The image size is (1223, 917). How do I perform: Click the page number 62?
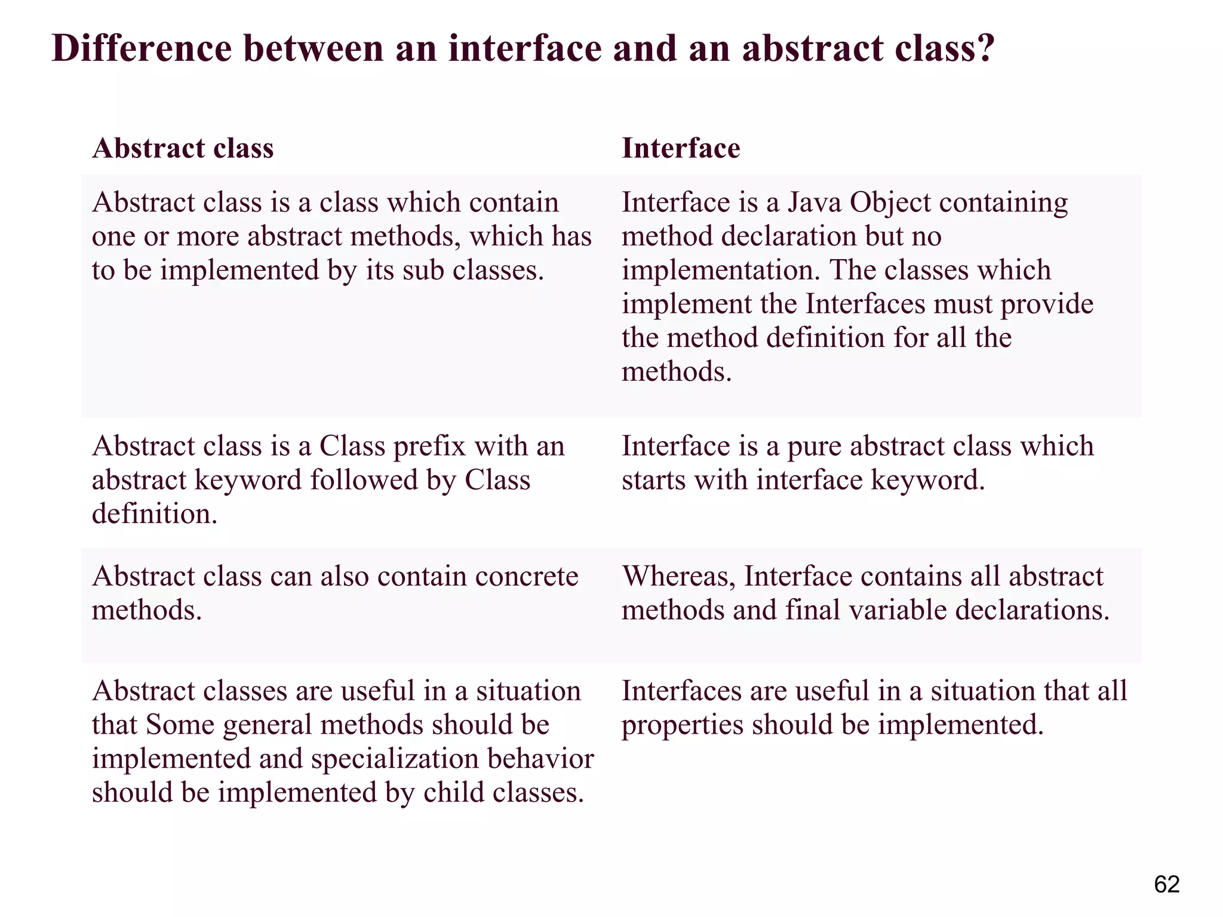(x=1166, y=885)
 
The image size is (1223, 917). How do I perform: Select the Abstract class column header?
(x=183, y=148)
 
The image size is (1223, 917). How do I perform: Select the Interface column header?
(x=681, y=148)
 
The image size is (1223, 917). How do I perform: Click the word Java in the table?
(x=814, y=203)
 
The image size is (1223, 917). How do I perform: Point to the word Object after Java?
(x=890, y=203)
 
